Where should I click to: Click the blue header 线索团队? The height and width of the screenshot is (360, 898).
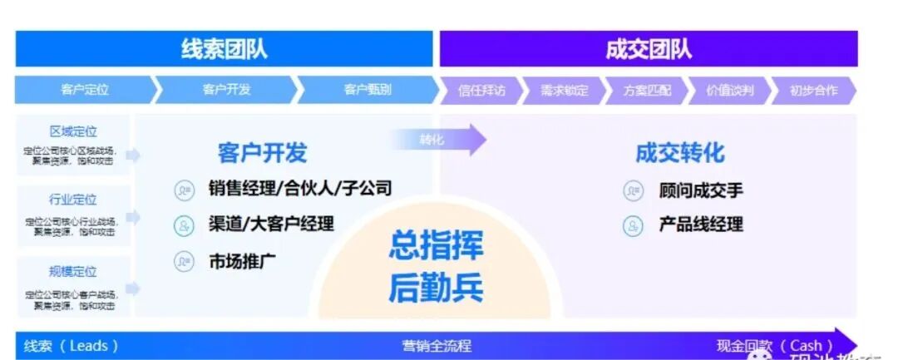tap(224, 49)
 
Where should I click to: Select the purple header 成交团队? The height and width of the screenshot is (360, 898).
tap(649, 49)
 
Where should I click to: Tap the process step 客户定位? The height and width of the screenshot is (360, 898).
tap(84, 90)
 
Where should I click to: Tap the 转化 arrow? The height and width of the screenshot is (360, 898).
tap(441, 140)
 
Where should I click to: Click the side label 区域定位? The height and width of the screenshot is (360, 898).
tap(73, 131)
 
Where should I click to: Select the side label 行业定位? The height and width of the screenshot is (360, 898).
tap(73, 200)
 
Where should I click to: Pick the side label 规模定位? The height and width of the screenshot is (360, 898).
tap(73, 271)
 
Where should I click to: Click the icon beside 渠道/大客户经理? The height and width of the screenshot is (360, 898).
tap(184, 224)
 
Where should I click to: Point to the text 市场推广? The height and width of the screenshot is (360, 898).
tap(243, 261)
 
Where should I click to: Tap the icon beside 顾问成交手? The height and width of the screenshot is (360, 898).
tap(633, 191)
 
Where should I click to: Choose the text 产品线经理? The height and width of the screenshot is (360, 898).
tap(701, 224)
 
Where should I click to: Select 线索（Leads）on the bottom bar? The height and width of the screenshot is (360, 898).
tap(72, 345)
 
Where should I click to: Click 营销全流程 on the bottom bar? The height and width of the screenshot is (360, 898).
tap(437, 345)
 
